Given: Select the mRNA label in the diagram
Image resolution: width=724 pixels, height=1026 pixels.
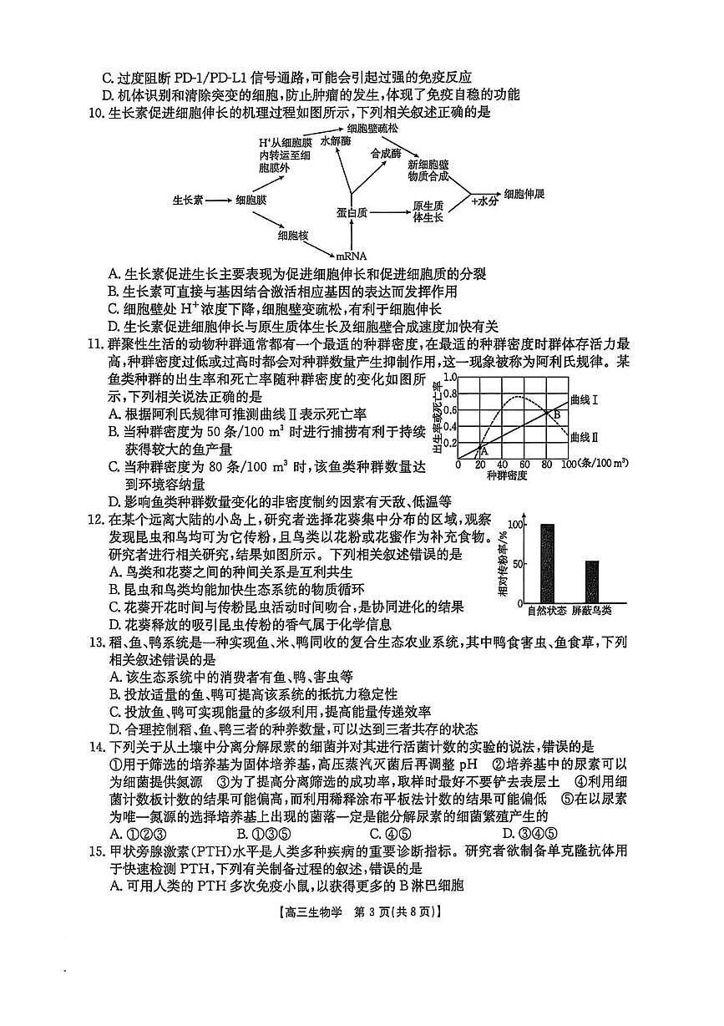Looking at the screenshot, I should tap(352, 256).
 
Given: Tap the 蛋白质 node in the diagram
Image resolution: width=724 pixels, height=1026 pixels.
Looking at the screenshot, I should tap(352, 212).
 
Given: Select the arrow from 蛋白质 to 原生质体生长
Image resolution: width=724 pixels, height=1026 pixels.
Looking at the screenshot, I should tap(388, 212).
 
